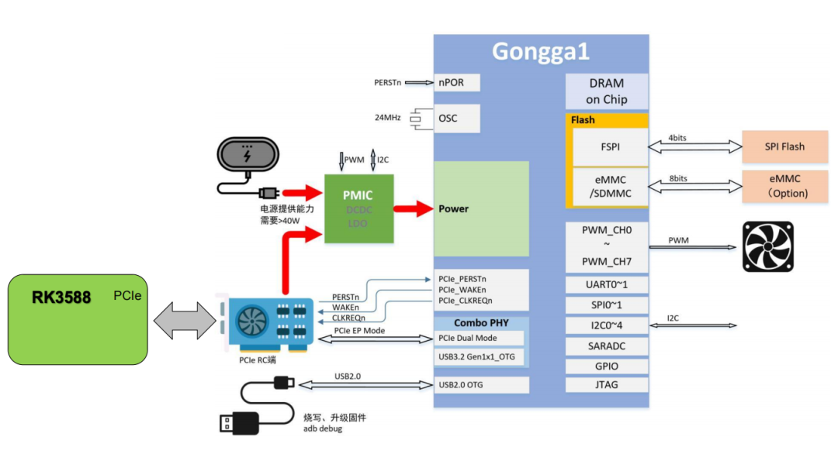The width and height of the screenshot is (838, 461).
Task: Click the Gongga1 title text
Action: tap(541, 52)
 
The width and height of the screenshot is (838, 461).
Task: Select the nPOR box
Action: tap(457, 82)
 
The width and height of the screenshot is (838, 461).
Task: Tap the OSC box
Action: tap(457, 119)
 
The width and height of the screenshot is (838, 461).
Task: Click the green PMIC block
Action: tap(358, 208)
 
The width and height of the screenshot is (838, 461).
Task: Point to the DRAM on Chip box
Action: tap(607, 91)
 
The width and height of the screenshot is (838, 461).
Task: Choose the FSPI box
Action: tap(610, 146)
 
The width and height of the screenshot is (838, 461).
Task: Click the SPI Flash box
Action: tap(784, 146)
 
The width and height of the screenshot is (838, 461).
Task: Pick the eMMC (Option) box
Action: tap(784, 186)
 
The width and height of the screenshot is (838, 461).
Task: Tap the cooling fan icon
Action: tap(768, 246)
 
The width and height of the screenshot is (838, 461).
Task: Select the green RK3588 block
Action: tap(78, 318)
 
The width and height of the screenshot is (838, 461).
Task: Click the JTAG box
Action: tap(607, 384)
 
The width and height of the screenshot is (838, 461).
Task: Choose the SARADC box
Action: tap(607, 346)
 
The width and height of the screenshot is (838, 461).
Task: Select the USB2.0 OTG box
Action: tap(480, 385)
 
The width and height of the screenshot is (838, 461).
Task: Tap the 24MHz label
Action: tap(387, 118)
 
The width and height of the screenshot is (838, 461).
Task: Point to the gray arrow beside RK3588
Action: tap(184, 320)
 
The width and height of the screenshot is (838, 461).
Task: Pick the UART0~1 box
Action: tap(607, 285)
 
